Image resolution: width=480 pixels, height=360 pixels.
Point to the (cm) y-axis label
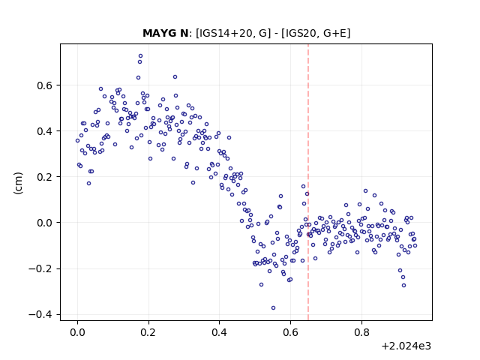[18, 183]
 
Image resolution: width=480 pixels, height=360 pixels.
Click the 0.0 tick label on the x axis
[78, 332]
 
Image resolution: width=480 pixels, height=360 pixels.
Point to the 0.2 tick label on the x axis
[148, 332]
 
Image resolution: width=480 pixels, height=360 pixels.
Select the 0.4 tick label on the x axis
[220, 332]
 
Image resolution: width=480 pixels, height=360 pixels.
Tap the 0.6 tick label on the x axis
[290, 332]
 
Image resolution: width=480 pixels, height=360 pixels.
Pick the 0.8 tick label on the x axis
[361, 332]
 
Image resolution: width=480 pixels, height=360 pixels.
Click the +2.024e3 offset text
[406, 346]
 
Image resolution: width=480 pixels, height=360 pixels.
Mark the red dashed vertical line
[308, 182]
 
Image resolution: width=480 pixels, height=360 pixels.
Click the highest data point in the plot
[140, 56]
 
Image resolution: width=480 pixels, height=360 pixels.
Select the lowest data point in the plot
[273, 308]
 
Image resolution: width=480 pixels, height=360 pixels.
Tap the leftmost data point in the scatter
[77, 141]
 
